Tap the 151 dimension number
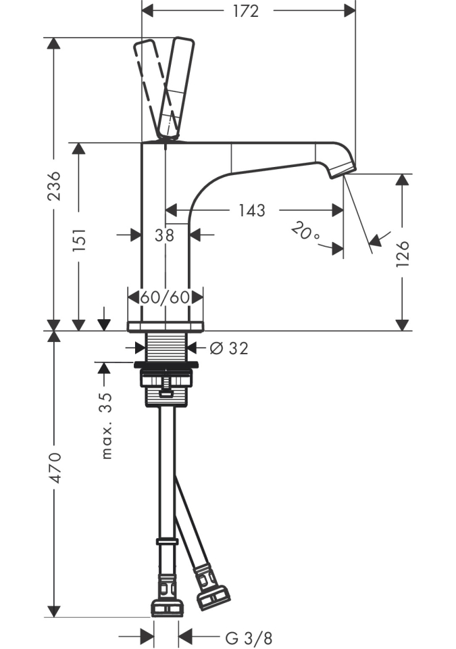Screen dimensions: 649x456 point(80,238)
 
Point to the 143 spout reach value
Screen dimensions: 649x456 point(251,210)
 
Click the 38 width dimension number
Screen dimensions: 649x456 point(164,235)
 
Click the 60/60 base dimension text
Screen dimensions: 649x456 point(166,297)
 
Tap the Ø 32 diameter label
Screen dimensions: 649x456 point(229,348)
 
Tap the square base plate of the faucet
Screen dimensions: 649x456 point(166,327)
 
